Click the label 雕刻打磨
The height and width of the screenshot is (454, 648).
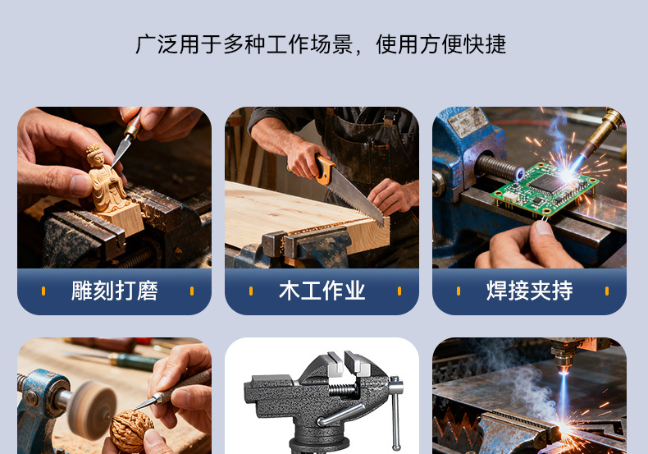(x=115, y=291)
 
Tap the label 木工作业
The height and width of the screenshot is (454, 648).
(x=322, y=291)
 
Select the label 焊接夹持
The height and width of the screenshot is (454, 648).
(x=529, y=291)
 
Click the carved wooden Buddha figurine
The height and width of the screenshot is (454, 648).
(x=105, y=179)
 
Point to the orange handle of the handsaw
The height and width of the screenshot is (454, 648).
(x=325, y=169)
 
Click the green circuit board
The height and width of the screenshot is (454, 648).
(x=545, y=189)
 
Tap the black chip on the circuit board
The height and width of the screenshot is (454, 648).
(x=548, y=183)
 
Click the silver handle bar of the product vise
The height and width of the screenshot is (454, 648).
(x=395, y=412)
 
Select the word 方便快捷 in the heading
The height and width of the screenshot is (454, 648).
(x=463, y=44)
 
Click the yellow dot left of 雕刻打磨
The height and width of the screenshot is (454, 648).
(x=43, y=291)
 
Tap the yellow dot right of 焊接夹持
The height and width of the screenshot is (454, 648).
(x=607, y=291)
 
